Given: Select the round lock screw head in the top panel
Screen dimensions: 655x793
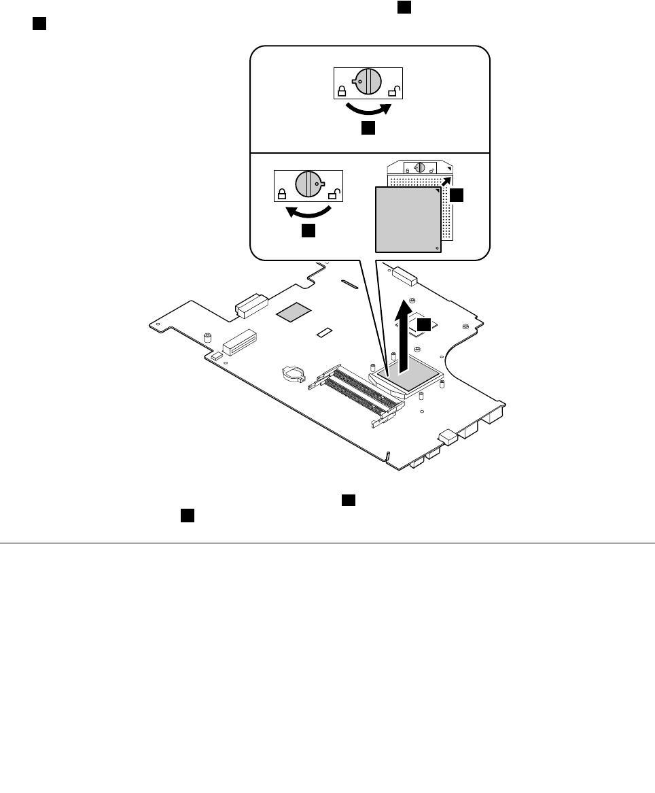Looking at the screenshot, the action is [x=368, y=82].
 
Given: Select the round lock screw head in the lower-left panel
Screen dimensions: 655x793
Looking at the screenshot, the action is [x=308, y=184].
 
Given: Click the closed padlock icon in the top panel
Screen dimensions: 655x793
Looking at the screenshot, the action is [x=342, y=90].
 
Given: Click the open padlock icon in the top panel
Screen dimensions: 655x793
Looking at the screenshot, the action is [x=393, y=91].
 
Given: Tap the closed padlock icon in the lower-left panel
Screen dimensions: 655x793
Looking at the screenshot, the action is [x=281, y=193].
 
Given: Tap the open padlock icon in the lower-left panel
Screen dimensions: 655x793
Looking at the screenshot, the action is [x=333, y=195].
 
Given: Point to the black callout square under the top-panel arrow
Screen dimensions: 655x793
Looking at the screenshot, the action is [x=368, y=129].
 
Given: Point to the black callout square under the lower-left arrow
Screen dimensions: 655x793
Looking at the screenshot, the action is [x=308, y=231].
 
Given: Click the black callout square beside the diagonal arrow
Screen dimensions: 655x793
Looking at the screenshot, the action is [x=457, y=195].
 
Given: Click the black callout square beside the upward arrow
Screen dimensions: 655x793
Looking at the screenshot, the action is [x=424, y=325].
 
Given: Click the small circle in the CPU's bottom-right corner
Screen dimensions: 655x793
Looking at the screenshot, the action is [x=436, y=248].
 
